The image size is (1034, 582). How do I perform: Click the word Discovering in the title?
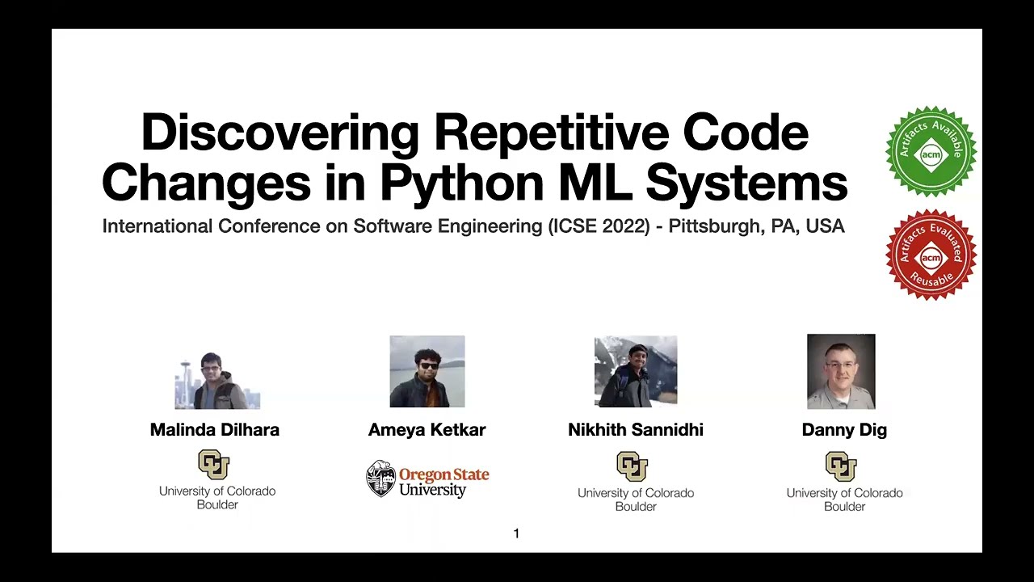(x=280, y=133)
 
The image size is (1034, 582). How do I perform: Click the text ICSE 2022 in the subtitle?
(x=599, y=226)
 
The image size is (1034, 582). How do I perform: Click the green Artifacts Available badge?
(x=931, y=151)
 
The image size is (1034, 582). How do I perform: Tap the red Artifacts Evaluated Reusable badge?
(x=931, y=255)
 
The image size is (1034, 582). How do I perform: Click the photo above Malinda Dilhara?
(x=216, y=380)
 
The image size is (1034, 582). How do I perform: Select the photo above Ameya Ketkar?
(x=427, y=372)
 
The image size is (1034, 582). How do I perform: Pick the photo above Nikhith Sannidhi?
(x=636, y=372)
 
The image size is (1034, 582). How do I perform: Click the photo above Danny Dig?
(x=841, y=372)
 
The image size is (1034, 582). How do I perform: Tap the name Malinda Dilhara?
(x=215, y=430)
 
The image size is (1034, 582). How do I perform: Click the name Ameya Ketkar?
(x=427, y=430)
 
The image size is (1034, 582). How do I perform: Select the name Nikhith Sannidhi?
(x=636, y=430)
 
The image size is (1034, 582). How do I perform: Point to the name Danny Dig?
(x=844, y=430)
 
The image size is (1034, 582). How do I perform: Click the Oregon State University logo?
(x=427, y=479)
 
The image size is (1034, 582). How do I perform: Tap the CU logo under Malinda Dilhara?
(x=214, y=465)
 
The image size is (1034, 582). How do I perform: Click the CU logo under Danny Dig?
(x=841, y=466)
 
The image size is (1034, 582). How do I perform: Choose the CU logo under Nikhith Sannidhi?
(x=632, y=466)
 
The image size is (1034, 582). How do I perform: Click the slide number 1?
(x=516, y=533)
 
